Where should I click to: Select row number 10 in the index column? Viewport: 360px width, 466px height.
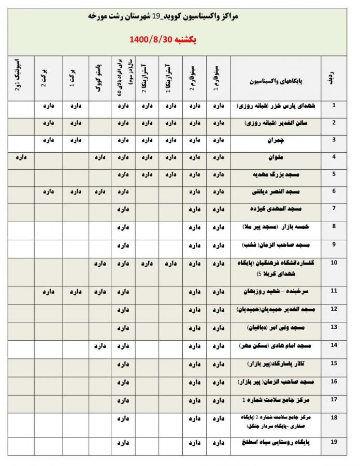(x=334, y=263)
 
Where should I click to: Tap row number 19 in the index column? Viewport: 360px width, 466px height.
(x=334, y=441)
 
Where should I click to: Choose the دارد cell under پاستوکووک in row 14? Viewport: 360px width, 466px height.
(x=100, y=345)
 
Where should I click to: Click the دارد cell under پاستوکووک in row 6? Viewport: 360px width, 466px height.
(x=100, y=192)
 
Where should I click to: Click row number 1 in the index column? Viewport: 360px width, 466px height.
(x=334, y=105)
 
